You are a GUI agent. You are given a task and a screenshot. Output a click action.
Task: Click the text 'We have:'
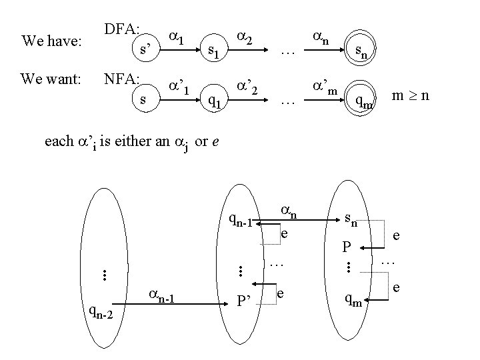tap(51, 41)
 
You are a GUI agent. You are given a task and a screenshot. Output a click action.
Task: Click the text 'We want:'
tap(51, 80)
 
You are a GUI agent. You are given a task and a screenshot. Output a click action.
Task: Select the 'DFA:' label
tap(121, 29)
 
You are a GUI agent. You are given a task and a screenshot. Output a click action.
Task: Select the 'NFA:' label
tap(121, 79)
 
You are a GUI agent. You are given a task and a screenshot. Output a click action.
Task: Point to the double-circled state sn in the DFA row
tap(362, 49)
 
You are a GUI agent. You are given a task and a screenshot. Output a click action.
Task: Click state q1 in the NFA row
tap(214, 100)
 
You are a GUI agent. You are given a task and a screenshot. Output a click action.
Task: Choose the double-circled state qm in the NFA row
tap(363, 99)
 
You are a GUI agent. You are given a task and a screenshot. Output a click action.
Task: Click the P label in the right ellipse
tap(346, 247)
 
